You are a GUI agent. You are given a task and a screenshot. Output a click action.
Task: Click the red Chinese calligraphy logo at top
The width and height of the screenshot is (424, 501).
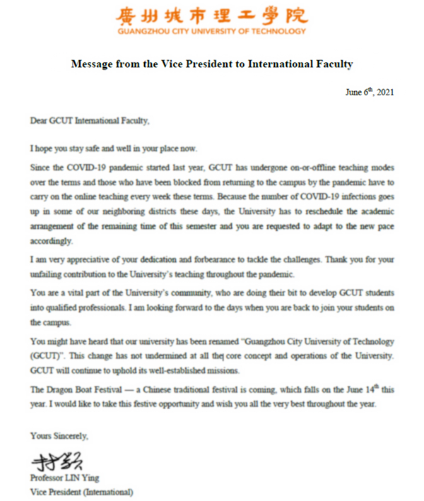pos(212,14)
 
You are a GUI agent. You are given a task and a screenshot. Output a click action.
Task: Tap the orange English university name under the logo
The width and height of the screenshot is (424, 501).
pos(212,31)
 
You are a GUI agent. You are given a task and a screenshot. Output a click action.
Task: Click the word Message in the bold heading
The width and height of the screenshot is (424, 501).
pos(92,64)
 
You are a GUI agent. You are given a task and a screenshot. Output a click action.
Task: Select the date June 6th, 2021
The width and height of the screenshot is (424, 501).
pos(370,93)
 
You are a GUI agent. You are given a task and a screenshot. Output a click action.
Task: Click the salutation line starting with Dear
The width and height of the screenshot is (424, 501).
pos(90,121)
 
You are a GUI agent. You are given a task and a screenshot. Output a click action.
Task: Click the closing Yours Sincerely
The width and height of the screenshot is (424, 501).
pos(59,436)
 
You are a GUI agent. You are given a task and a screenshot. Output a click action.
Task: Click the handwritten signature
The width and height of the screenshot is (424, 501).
pos(57,461)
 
